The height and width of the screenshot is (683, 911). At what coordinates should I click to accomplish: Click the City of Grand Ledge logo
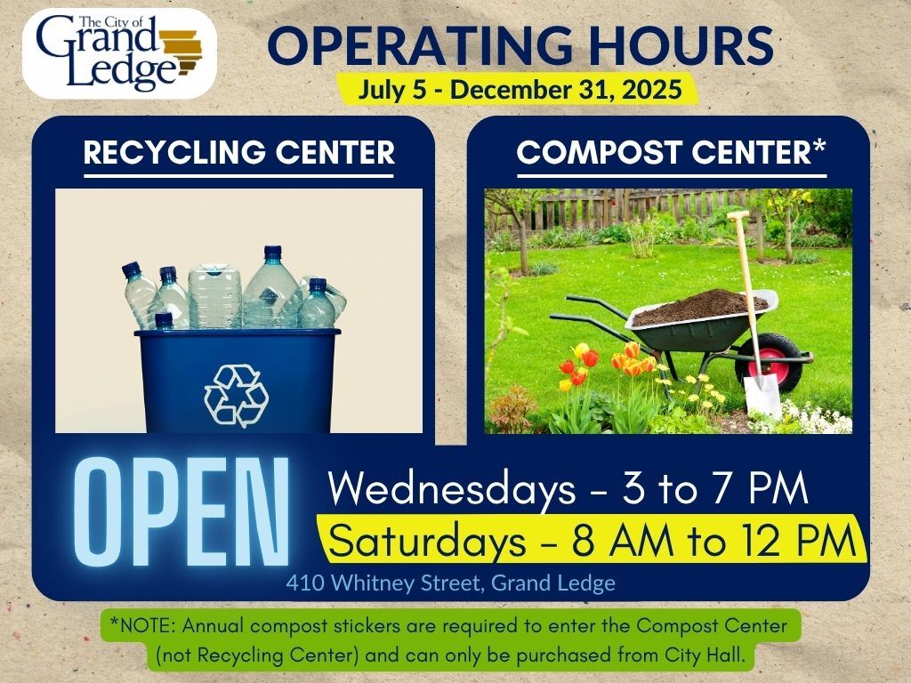tap(119, 53)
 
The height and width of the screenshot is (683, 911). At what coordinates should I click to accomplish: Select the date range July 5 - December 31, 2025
tap(520, 90)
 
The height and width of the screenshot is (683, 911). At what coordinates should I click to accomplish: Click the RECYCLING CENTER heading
tap(238, 153)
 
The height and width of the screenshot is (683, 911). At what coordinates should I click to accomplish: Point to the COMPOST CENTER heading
tap(671, 152)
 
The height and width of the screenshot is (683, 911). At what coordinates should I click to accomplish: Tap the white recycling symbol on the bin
tap(236, 396)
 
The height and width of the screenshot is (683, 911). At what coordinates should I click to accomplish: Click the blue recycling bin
tap(237, 381)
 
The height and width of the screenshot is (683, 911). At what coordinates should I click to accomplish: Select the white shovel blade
tap(762, 396)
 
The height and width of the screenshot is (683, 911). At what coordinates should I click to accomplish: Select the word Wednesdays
tap(451, 489)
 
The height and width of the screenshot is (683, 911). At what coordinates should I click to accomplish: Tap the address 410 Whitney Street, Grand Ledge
tap(451, 583)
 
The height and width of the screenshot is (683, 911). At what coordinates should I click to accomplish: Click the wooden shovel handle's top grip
tap(738, 215)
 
